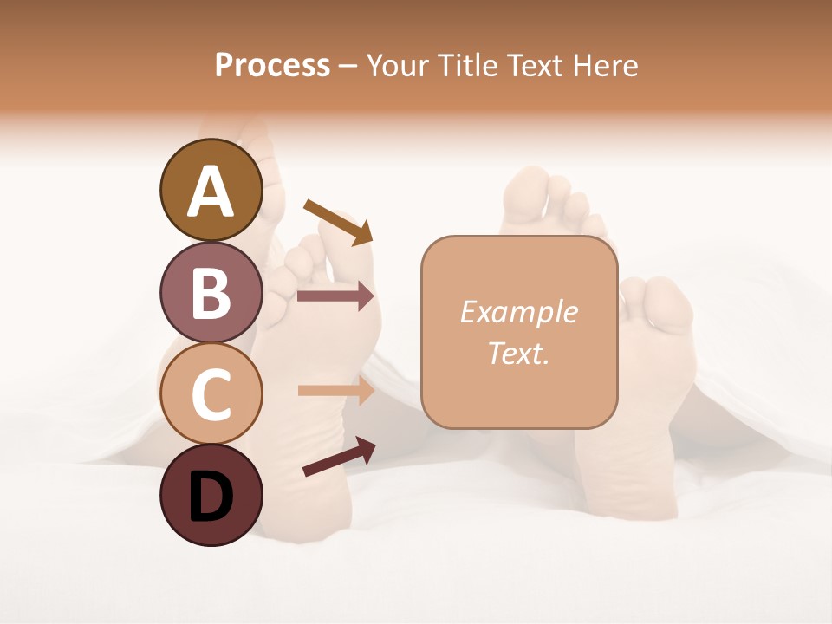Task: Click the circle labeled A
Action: point(211,190)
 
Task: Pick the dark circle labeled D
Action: point(211,495)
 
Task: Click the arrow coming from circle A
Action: point(338,222)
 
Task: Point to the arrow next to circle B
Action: point(335,296)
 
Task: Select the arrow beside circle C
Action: point(335,391)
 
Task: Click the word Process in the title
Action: point(272,65)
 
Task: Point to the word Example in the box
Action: point(518,312)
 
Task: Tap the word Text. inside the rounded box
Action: point(518,353)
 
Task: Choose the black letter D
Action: point(211,497)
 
